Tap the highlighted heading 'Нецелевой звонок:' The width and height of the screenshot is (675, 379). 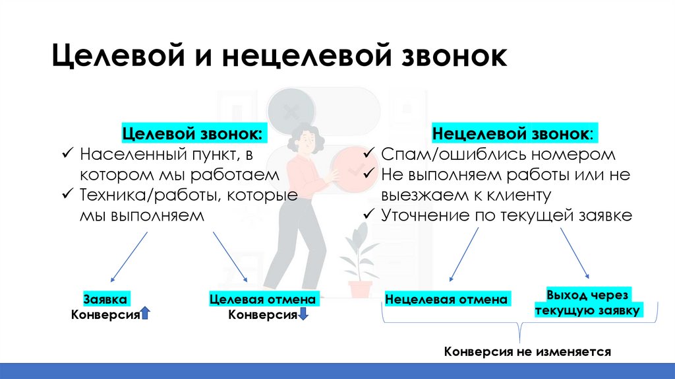[x=512, y=133]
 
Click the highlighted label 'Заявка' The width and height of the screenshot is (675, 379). [x=105, y=298]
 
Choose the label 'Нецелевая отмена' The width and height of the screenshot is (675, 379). [x=446, y=299]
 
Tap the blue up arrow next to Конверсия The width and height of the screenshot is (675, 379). [x=146, y=314]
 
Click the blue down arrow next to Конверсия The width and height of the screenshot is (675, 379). [x=303, y=314]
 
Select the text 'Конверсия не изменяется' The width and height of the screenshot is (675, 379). [x=528, y=351]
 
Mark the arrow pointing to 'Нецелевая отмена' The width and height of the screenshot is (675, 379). [x=463, y=254]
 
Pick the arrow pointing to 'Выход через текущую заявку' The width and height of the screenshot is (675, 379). [x=574, y=252]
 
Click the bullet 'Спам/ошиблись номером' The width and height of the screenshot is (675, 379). [x=498, y=155]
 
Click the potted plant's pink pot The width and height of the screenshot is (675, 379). [x=361, y=289]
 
